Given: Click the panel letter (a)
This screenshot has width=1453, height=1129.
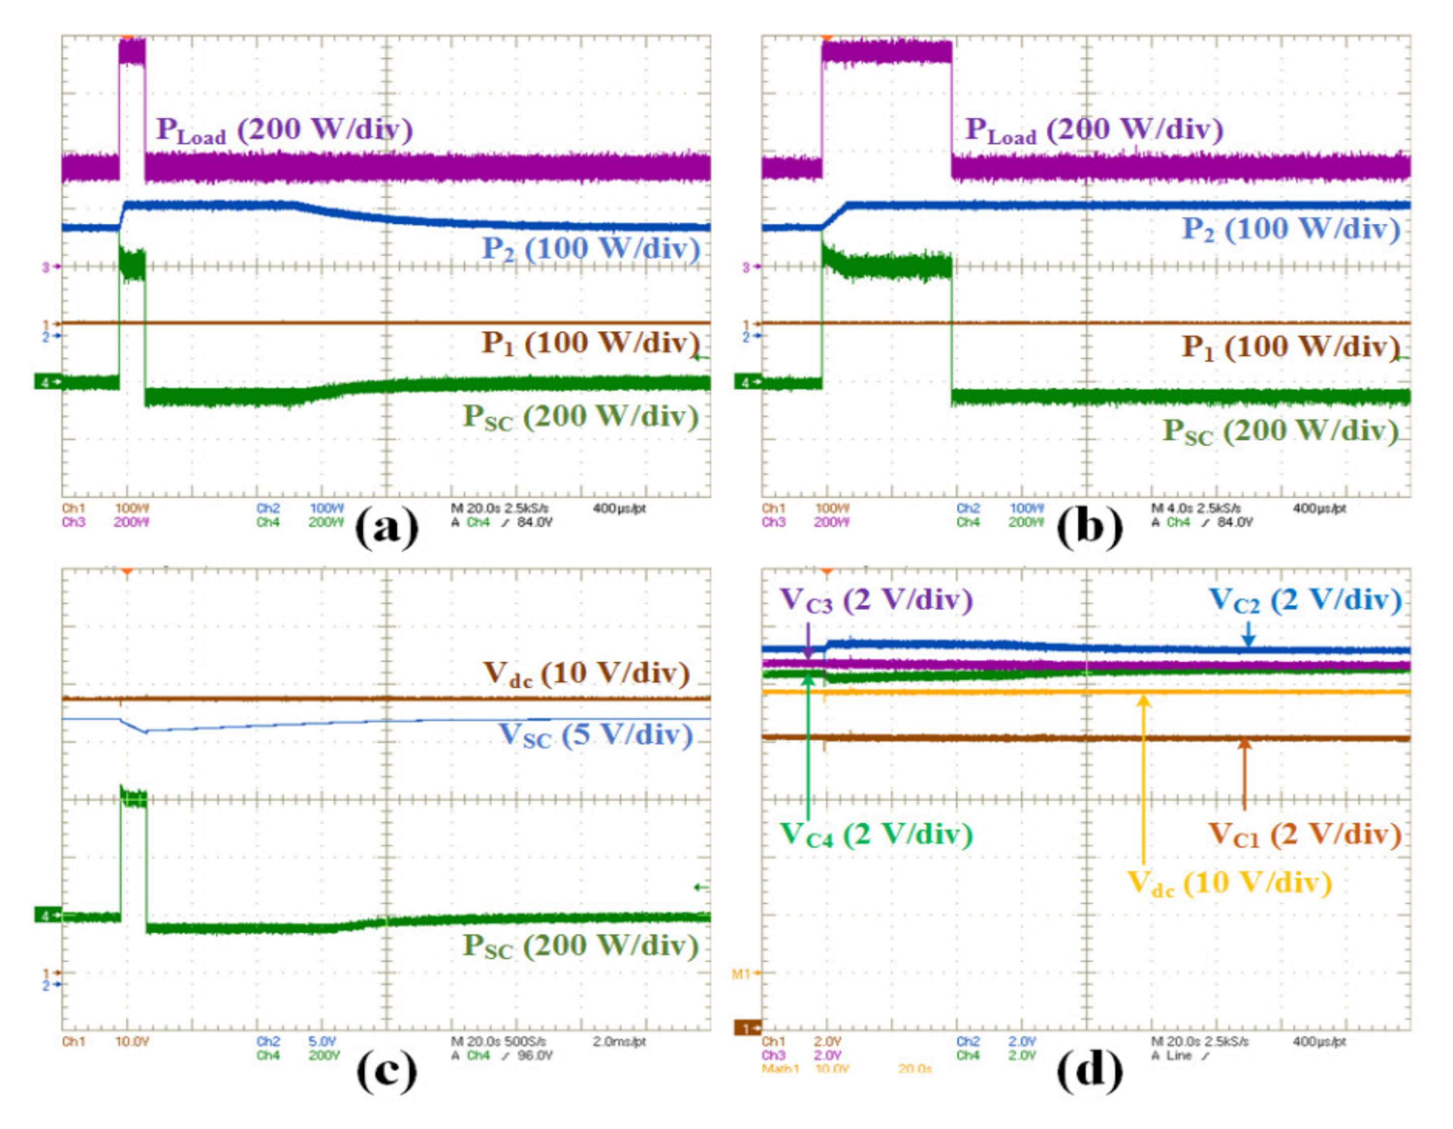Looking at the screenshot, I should tap(386, 529).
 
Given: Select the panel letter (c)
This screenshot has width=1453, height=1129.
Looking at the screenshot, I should tap(386, 1070).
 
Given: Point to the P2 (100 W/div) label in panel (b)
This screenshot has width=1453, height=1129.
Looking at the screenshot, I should tap(1291, 229).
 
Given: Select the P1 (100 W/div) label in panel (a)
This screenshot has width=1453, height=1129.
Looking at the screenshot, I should tap(590, 344).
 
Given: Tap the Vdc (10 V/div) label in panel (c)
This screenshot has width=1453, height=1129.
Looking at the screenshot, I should tap(586, 674).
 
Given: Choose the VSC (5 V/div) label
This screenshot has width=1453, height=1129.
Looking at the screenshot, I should tap(596, 735).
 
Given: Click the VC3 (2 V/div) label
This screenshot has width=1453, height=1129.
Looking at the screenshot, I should tap(876, 600).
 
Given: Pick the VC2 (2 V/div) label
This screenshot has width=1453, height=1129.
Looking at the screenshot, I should tap(1304, 600).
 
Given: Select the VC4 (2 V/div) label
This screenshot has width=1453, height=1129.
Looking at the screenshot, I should tap(876, 835).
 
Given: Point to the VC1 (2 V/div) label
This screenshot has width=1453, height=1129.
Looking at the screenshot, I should tap(1304, 835).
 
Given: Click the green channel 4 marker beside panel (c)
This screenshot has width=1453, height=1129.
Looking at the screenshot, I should tap(47, 915).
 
